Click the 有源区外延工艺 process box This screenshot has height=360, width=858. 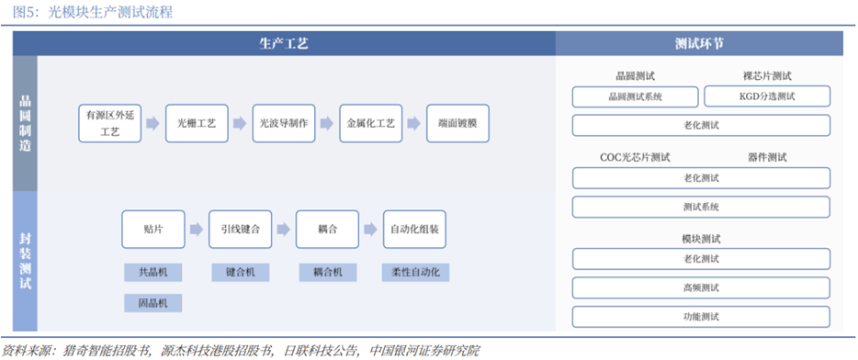click(110, 124)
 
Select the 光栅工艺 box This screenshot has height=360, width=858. click(197, 124)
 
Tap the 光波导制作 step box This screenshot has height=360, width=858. click(284, 124)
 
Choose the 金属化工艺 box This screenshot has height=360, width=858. click(370, 124)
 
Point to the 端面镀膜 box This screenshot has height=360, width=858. click(457, 124)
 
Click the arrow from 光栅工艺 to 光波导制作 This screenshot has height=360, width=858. click(240, 124)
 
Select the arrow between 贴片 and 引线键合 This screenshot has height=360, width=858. click(197, 230)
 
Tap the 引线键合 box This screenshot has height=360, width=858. click(240, 230)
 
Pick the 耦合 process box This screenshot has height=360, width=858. click(327, 230)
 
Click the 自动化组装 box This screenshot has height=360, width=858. click(414, 230)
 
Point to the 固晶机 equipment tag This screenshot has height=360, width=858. click(153, 302)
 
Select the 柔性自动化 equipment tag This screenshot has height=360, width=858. click(415, 273)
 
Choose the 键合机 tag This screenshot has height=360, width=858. click(240, 273)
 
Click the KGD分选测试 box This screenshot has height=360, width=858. click(767, 96)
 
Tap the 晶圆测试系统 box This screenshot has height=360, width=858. click(636, 96)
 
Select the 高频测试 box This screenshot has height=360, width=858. click(701, 287)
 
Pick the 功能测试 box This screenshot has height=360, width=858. click(701, 317)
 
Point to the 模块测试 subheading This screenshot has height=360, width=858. click(701, 239)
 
